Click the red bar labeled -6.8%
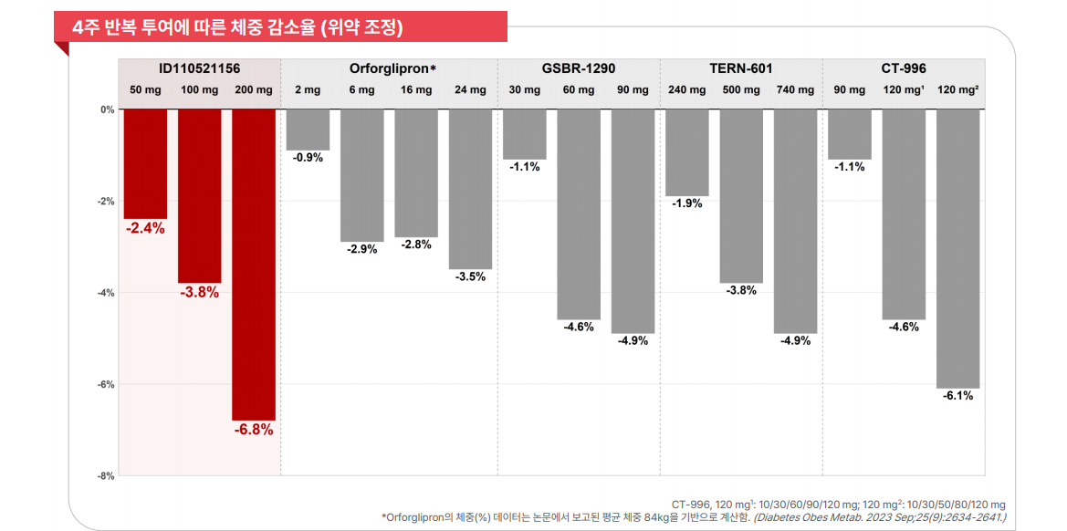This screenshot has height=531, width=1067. [x=254, y=265]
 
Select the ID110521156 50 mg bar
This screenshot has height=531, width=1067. [x=145, y=164]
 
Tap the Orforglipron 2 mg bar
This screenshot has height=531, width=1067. [x=308, y=130]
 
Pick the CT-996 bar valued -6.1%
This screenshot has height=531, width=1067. [x=957, y=248]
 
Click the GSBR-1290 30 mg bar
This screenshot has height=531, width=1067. [x=525, y=134]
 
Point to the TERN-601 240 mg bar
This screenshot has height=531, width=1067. [x=686, y=152]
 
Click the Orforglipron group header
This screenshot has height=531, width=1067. [x=392, y=68]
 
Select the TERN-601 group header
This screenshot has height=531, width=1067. [x=740, y=68]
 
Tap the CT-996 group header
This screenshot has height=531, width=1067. [x=904, y=68]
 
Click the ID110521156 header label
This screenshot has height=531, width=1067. [x=200, y=68]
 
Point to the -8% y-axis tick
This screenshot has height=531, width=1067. [x=107, y=475]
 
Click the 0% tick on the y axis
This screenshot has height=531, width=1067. [x=108, y=109]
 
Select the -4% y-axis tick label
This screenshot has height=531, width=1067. [x=107, y=293]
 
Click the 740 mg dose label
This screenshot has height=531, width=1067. [x=795, y=90]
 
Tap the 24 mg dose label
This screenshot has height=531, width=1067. [x=470, y=90]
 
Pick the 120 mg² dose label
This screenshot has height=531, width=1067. [x=958, y=90]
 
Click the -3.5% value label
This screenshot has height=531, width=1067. [x=470, y=276]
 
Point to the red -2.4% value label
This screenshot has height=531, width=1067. [x=145, y=229]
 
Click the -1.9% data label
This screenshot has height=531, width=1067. [x=686, y=203]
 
